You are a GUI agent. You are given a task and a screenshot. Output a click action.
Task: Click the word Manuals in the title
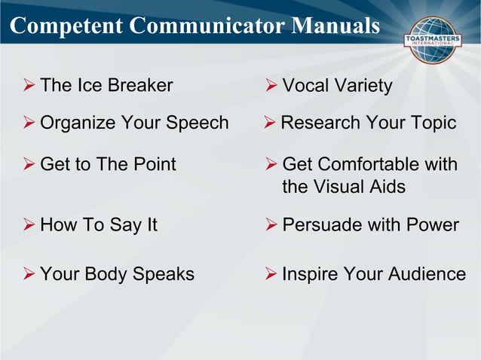[x=335, y=26]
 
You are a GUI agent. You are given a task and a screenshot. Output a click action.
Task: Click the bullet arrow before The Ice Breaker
[x=29, y=85]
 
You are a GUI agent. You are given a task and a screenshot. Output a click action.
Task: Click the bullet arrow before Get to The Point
[x=29, y=164]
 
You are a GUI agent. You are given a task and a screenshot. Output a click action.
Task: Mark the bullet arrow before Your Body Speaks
[x=29, y=274]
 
